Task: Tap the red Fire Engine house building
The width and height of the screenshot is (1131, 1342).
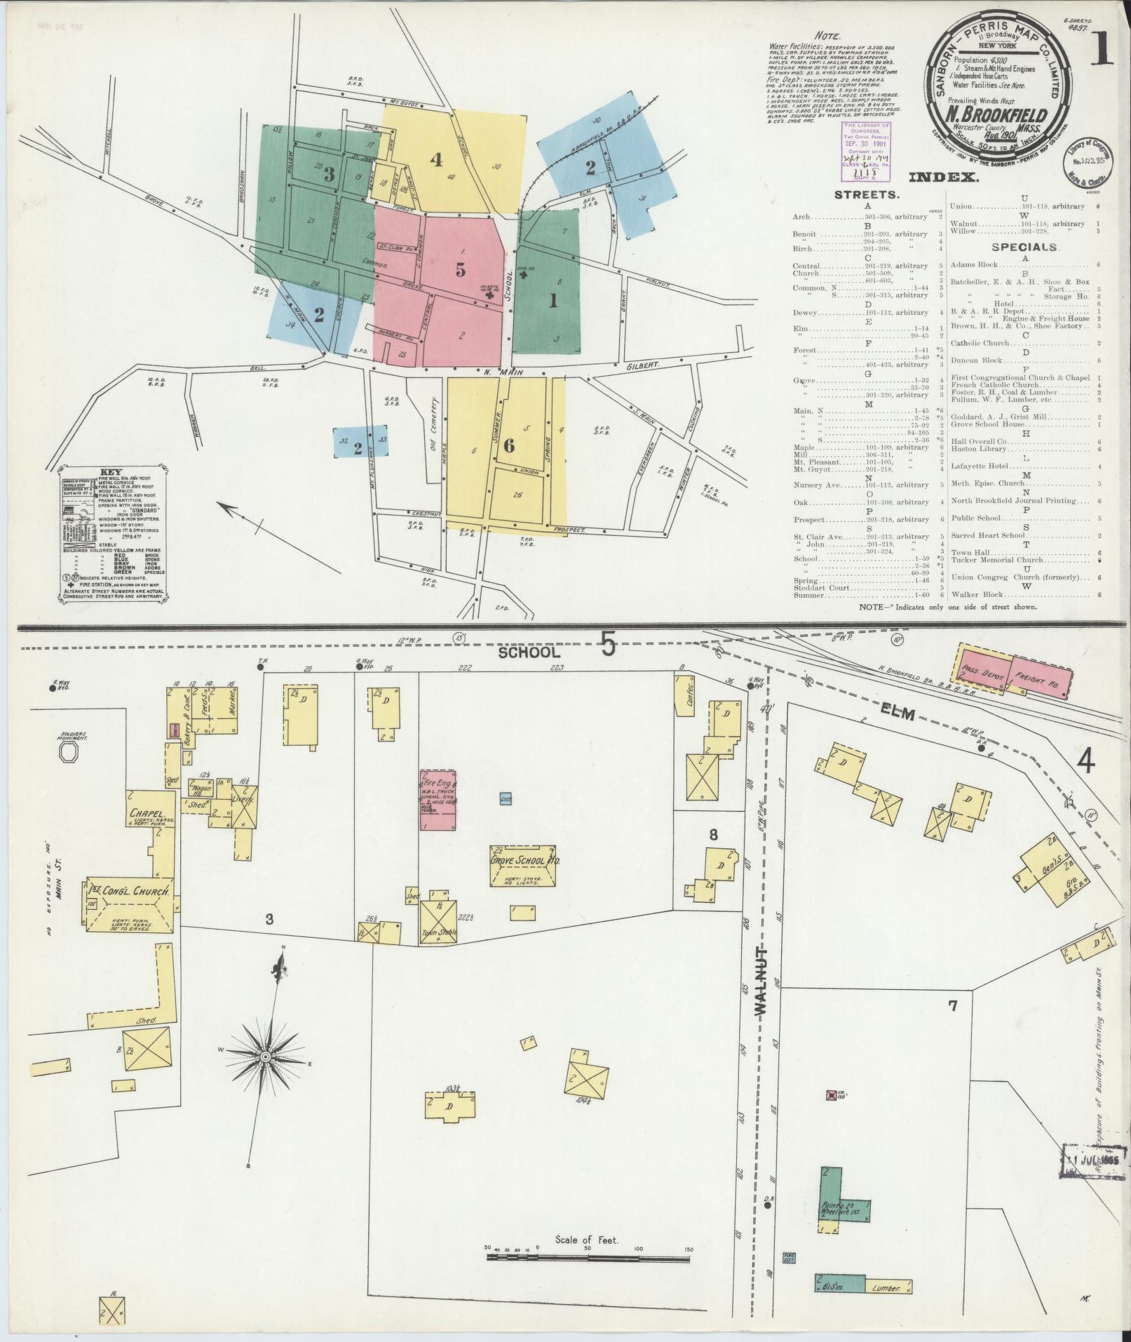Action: [x=438, y=800]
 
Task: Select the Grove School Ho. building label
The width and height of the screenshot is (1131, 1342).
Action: [x=524, y=859]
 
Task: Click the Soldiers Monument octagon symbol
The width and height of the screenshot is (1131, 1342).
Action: [x=70, y=753]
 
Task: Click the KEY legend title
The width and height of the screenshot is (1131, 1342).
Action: [x=111, y=472]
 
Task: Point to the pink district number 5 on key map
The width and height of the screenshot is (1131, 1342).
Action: [x=460, y=269]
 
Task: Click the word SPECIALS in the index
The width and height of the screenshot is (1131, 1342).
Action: [x=1024, y=247]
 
